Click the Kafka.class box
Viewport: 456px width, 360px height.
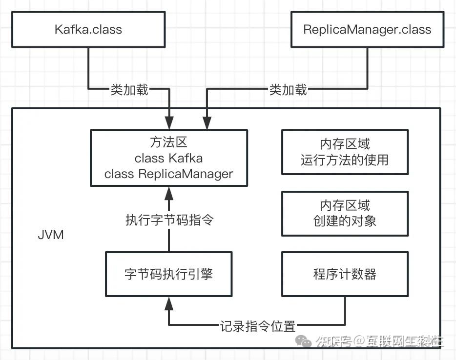click(88, 29)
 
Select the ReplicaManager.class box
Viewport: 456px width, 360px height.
click(367, 29)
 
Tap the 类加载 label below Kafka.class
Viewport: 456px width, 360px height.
click(129, 90)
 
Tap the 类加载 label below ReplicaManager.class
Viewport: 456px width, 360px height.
click(288, 90)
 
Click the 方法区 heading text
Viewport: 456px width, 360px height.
click(168, 142)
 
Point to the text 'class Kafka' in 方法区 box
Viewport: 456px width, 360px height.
click(168, 158)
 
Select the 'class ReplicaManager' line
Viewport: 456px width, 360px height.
click(168, 174)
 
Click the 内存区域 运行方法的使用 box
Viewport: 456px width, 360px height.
click(345, 152)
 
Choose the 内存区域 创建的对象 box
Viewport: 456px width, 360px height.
click(345, 213)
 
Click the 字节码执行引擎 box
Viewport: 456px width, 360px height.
click(168, 274)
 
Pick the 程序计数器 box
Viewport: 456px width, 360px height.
click(345, 274)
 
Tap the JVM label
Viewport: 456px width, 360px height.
click(51, 235)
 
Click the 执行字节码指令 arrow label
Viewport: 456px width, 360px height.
click(169, 220)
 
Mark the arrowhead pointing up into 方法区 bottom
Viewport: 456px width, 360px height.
click(169, 192)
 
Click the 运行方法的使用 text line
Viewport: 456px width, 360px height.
click(345, 160)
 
